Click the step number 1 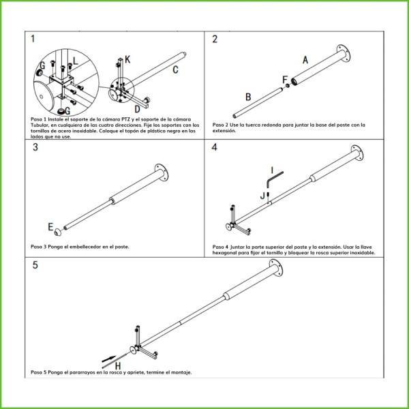point(33,39)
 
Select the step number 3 point(34,147)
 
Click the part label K point(127,60)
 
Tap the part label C point(175,70)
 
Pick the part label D point(137,108)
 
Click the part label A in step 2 point(305,60)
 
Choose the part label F point(285,79)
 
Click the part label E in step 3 point(50,226)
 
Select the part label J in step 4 point(262,195)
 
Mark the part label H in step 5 point(118,365)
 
